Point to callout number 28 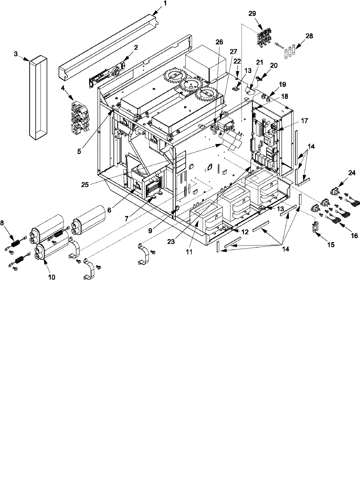pos(309,36)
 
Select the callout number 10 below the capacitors pos(51,277)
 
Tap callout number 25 pos(85,184)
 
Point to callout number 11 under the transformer pos(189,252)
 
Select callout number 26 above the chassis pos(219,42)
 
